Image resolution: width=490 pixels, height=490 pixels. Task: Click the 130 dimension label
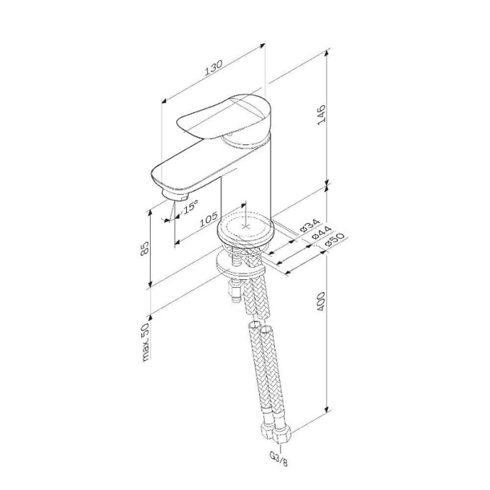coord(214,68)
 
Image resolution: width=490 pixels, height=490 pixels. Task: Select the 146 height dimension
coord(321,115)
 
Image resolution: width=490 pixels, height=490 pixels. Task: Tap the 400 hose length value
coord(321,302)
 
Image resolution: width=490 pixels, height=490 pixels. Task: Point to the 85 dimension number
coord(145,248)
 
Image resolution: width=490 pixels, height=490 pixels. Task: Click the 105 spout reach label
coord(209,219)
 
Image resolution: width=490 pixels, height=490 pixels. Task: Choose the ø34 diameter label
coord(310,226)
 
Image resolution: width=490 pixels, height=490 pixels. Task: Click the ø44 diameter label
coord(321,233)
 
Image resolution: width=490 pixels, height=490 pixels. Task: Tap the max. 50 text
coord(146,343)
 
